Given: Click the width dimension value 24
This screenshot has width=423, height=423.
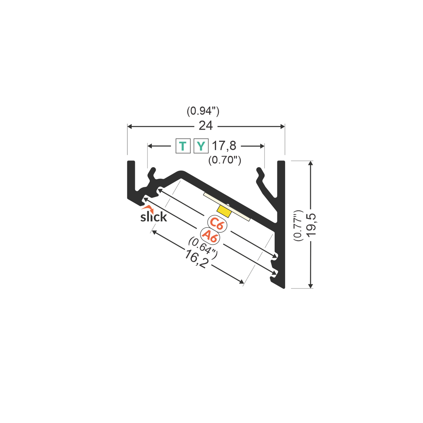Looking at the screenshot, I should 206,126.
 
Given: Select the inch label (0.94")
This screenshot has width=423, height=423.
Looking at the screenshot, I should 203,111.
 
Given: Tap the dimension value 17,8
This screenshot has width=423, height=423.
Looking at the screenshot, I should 224,146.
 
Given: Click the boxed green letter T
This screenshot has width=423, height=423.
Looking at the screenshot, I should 183,146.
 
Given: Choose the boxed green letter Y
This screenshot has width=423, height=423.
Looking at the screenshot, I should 201,146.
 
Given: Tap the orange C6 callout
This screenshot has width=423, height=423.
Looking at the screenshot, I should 217,223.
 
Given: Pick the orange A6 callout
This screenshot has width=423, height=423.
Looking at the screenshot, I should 210,236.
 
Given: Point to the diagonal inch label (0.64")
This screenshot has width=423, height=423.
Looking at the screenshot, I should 203,248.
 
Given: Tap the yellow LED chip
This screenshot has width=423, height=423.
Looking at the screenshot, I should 224,210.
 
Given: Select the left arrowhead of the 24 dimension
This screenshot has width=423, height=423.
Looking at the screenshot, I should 130,126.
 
